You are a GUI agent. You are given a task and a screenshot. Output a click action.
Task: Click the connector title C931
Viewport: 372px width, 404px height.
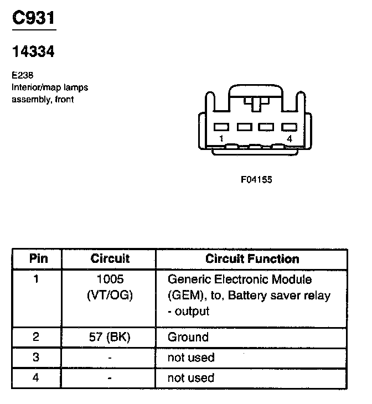[33, 18]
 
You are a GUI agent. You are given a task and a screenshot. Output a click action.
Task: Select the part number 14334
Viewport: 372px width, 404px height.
[33, 52]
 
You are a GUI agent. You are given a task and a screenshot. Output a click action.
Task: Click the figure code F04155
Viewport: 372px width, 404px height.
[256, 179]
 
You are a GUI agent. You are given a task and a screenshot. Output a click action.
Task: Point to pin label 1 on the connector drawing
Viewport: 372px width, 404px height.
[221, 138]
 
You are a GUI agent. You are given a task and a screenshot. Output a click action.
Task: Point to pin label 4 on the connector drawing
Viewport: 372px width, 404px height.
[289, 138]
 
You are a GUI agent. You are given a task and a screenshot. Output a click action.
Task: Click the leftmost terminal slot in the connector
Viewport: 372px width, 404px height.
[221, 127]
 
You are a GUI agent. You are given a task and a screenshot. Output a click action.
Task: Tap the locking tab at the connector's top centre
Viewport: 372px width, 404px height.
[256, 103]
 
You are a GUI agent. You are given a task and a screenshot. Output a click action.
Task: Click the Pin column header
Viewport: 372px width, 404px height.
[38, 258]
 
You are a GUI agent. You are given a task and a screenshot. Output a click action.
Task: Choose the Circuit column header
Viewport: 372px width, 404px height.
[110, 258]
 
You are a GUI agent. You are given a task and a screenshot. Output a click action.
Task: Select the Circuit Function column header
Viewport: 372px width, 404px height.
[252, 258]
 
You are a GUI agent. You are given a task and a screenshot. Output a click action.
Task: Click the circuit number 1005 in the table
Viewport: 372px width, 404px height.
[110, 279]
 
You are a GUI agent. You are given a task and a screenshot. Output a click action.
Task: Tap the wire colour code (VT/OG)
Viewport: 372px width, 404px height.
[110, 295]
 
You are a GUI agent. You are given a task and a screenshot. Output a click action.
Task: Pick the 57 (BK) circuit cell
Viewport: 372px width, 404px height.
[110, 337]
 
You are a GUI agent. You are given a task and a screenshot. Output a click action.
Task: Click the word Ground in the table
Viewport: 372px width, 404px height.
[188, 337]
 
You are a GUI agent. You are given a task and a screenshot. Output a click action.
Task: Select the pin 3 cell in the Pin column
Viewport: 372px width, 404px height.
[37, 358]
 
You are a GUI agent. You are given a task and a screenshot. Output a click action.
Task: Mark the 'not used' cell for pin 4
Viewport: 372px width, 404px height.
[190, 378]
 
